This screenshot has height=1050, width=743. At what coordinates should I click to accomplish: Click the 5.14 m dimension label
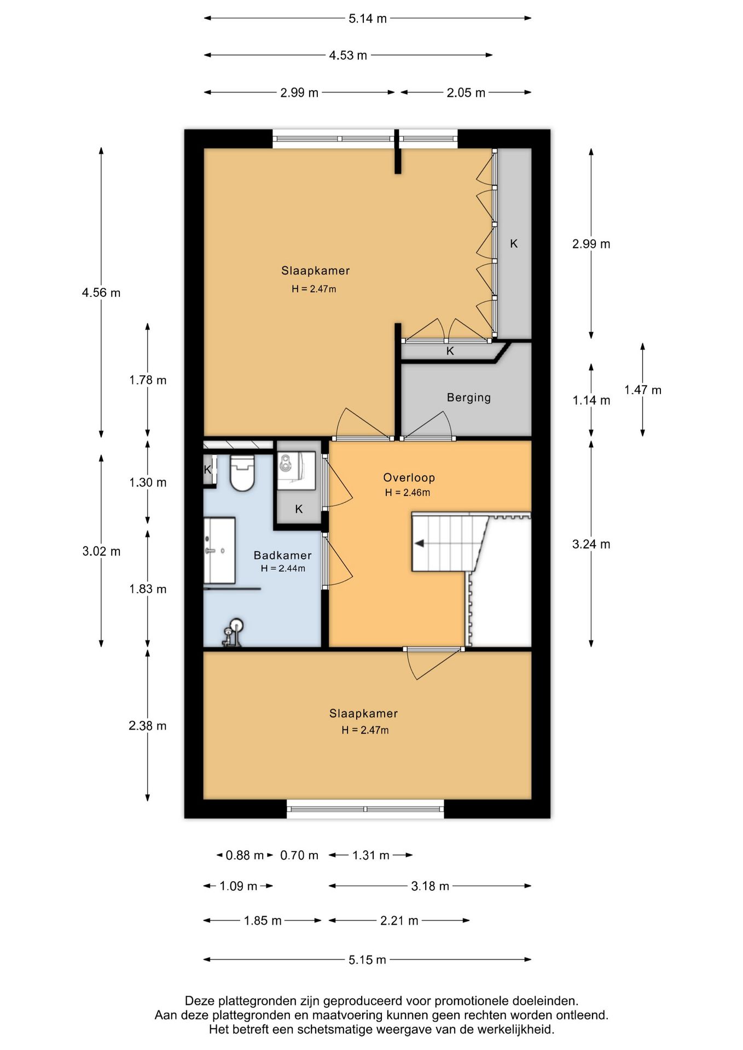pyautogui.click(x=368, y=19)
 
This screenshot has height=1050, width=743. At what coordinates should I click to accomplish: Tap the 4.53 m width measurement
pyautogui.click(x=348, y=55)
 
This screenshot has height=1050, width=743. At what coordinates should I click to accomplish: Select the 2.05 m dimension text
pyautogui.click(x=466, y=92)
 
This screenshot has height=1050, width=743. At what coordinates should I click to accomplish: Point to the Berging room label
pyautogui.click(x=469, y=398)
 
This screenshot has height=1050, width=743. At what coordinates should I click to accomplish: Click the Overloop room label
pyautogui.click(x=409, y=477)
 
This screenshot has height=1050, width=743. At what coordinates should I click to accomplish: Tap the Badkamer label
pyautogui.click(x=282, y=555)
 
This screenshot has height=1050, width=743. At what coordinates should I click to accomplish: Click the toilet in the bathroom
pyautogui.click(x=242, y=472)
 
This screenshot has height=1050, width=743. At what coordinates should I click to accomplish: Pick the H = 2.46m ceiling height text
pyautogui.click(x=408, y=493)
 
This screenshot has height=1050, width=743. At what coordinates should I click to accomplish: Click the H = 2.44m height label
pyautogui.click(x=283, y=569)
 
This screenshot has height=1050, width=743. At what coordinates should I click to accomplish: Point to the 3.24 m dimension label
pyautogui.click(x=591, y=544)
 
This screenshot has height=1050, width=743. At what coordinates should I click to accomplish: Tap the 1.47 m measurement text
pyautogui.click(x=643, y=390)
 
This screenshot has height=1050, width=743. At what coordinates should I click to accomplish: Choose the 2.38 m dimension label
pyautogui.click(x=148, y=726)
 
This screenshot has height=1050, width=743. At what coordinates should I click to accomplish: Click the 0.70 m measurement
pyautogui.click(x=299, y=855)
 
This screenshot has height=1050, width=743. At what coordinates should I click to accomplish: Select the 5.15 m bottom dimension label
pyautogui.click(x=368, y=960)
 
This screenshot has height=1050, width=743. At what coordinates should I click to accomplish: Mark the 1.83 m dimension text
pyautogui.click(x=148, y=589)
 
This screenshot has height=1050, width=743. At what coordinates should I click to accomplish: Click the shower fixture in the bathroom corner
pyautogui.click(x=233, y=633)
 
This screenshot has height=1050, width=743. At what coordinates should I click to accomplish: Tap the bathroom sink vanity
pyautogui.click(x=219, y=551)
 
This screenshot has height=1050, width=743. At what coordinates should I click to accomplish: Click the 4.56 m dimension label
pyautogui.click(x=101, y=293)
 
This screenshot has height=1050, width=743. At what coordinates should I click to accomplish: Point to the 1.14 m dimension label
pyautogui.click(x=591, y=400)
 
